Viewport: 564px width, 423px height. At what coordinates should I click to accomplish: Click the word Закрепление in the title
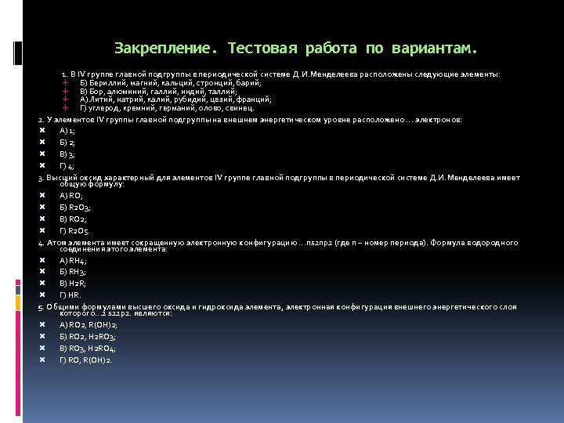tap(161, 49)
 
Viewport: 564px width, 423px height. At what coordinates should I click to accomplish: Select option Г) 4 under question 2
tap(67, 166)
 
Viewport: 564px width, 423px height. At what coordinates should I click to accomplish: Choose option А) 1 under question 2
tap(67, 131)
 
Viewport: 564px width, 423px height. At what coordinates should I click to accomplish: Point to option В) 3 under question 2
tap(67, 154)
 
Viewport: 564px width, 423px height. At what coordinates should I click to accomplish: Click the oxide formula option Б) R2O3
tap(75, 208)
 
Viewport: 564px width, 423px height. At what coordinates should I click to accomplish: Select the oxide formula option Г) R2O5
tap(75, 231)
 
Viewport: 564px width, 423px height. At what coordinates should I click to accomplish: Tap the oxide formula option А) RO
tap(70, 196)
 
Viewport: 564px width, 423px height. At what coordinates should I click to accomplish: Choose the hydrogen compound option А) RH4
tap(73, 260)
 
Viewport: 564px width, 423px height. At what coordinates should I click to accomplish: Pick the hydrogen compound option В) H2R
tap(73, 283)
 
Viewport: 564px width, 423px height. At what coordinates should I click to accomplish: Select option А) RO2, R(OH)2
tap(85, 324)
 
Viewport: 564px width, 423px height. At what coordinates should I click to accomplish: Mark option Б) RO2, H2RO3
tap(87, 336)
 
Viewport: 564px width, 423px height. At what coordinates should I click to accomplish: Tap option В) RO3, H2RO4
tap(87, 348)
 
